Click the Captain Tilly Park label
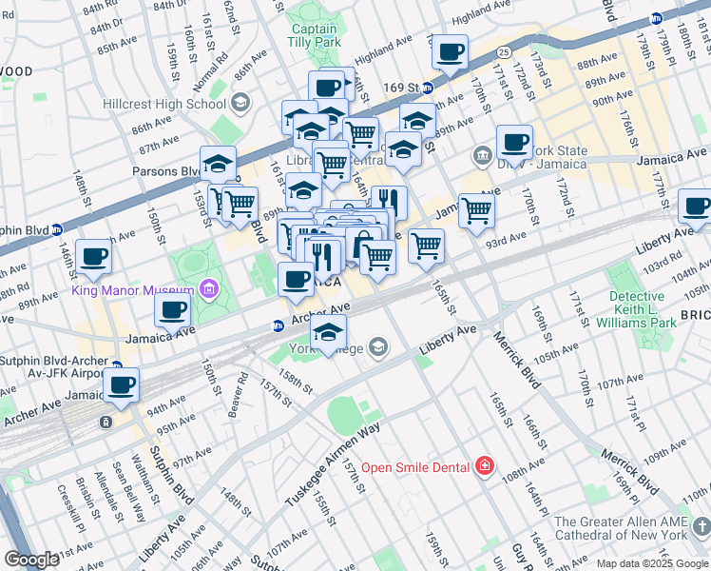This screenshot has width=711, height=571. pos(315,35)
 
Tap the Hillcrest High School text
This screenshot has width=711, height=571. pos(165,103)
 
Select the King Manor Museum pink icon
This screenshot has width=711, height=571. pos(209,288)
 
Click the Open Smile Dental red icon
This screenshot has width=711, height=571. pos(485,466)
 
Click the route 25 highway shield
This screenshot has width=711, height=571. pos(502,49)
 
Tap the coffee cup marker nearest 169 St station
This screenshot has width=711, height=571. pos(451,51)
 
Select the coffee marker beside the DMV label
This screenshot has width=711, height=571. pos(514,143)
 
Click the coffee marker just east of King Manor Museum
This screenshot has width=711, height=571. pos(172,309)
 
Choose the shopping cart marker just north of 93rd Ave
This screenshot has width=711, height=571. pos(426,246)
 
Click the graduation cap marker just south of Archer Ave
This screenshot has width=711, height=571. pos(329,331)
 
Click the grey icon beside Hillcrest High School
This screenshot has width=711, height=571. pos(240,102)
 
